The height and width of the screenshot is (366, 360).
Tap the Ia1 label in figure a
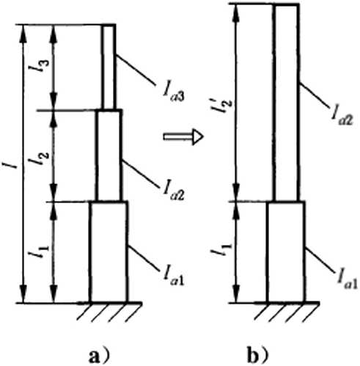pyautogui.click(x=173, y=278)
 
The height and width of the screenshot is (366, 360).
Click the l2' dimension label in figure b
pyautogui.click(x=221, y=105)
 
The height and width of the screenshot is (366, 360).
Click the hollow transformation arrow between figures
pyautogui.click(x=183, y=136)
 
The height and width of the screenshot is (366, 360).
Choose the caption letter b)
pyautogui.click(x=259, y=356)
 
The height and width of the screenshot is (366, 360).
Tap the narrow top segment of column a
pyautogui.click(x=109, y=67)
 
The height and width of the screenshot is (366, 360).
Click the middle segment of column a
pyautogui.click(x=109, y=155)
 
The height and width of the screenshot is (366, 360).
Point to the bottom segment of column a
pyautogui.click(x=109, y=252)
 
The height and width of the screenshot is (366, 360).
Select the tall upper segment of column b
pyautogui.click(x=287, y=103)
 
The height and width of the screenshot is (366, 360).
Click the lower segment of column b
pyautogui.click(x=287, y=252)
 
